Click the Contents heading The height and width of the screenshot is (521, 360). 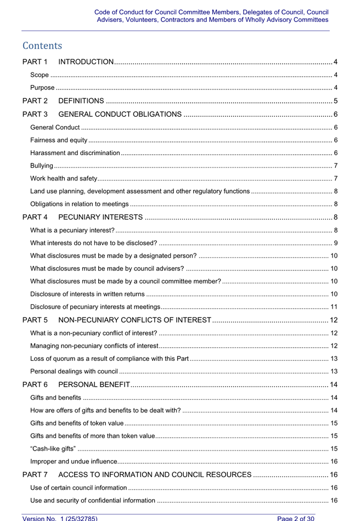click(x=42, y=46)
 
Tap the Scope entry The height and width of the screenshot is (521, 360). click(x=39, y=75)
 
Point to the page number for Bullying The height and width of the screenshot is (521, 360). click(x=335, y=166)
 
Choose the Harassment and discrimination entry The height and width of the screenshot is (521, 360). click(x=75, y=152)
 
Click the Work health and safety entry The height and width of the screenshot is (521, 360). click(x=64, y=178)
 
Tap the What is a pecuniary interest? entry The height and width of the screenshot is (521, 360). click(x=72, y=230)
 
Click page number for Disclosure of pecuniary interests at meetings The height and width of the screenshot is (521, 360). click(x=334, y=307)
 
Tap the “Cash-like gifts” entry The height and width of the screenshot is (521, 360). click(x=53, y=449)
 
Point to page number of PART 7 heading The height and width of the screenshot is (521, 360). click(x=333, y=474)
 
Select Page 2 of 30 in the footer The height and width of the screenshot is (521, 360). click(x=296, y=518)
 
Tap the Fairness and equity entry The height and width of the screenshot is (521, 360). click(x=59, y=140)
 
